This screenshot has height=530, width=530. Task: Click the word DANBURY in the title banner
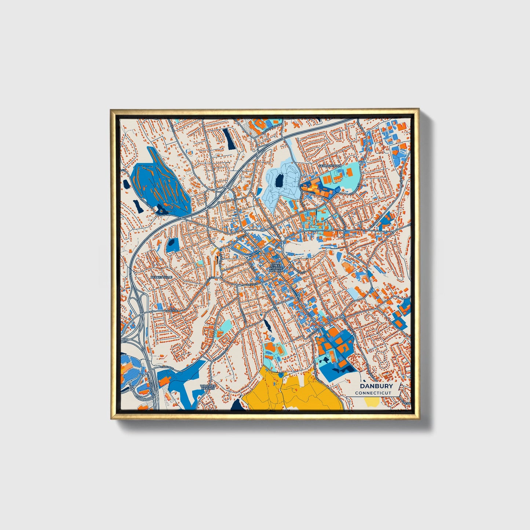coord(376,386)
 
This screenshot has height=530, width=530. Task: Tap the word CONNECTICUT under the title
coord(373,393)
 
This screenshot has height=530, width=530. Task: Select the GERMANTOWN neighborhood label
coord(330,166)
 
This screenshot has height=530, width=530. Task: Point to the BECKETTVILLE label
coord(161,277)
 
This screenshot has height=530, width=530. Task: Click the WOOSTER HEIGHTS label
coord(208,387)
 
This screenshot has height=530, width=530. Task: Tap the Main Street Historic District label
coord(276,267)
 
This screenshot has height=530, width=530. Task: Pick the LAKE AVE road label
coord(171,311)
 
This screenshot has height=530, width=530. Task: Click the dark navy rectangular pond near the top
coord(230,139)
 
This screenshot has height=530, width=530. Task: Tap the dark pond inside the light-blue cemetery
coord(279,180)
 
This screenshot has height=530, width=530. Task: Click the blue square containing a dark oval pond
coord(172,245)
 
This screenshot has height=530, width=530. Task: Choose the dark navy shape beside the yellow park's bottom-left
coord(237,403)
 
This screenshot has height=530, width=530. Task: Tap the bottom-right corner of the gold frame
coord(418,419)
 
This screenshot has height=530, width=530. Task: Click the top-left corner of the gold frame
coord(111,109)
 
